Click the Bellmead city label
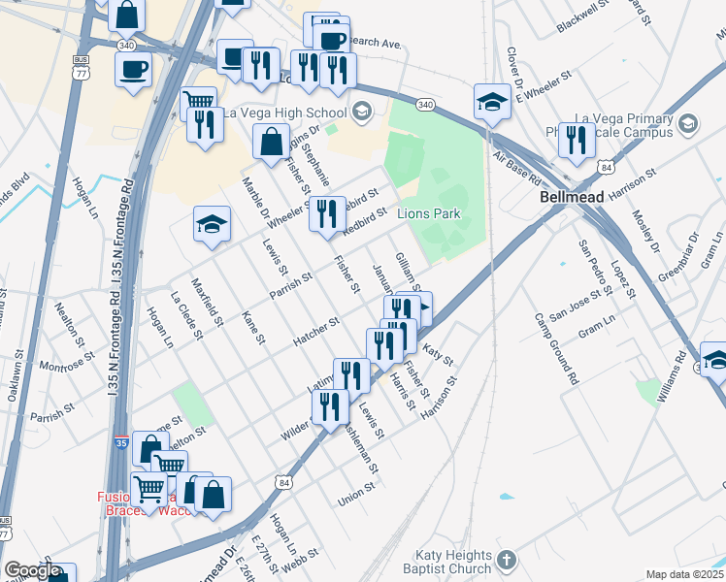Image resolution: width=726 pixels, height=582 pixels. click(x=572, y=196)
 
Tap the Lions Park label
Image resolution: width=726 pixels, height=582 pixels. click(x=427, y=213)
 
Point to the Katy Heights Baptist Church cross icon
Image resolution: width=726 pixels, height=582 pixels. click(x=507, y=560)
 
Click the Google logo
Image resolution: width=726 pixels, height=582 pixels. click(x=33, y=570)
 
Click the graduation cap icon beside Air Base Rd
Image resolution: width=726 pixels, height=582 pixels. click(x=493, y=102)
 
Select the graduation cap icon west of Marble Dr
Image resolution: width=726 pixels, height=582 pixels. click(x=212, y=225)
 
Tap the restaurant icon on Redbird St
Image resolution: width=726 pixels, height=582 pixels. click(x=327, y=212)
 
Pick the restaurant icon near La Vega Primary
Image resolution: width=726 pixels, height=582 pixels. click(x=577, y=141)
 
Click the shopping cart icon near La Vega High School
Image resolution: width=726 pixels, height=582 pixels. click(x=198, y=101)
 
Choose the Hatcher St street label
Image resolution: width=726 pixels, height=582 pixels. click(x=315, y=331)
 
